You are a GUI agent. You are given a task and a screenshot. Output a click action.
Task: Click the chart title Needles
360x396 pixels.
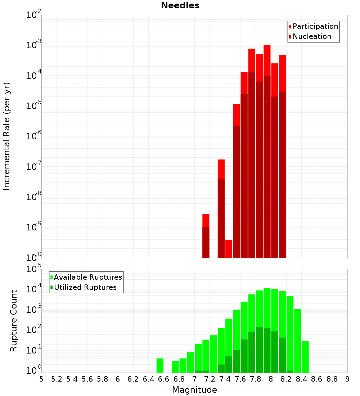coord(180,5)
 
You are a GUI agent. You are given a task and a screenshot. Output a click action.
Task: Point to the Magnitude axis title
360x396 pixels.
coord(194,390)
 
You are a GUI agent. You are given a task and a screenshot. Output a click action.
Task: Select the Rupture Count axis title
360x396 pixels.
coord(14,321)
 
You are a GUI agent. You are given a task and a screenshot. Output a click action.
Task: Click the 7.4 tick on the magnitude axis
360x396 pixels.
coord(225,379)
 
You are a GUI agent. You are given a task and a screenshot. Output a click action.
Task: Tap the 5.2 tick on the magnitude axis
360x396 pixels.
coord(57,379)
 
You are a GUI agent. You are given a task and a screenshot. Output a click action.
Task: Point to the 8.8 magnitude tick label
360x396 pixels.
coord(332,379)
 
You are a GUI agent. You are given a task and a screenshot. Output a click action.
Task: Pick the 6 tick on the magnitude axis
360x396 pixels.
coord(118,379)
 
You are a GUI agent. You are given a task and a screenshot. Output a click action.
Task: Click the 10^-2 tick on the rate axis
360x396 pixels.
coord(34,15)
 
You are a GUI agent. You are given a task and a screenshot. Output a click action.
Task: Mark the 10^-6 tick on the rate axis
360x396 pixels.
coord(34,136)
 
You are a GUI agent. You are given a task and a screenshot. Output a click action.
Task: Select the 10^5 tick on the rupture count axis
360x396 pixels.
coord(34,269)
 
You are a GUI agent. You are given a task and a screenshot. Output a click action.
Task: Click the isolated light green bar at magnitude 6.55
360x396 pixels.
coord(160,365)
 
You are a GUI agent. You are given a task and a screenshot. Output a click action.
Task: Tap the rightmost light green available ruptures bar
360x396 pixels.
coord(305,357)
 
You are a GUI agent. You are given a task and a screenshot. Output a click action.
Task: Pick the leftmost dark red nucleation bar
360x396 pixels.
coord(206,242)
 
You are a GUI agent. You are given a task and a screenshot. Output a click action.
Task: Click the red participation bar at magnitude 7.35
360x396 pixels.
coord(221,169)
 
